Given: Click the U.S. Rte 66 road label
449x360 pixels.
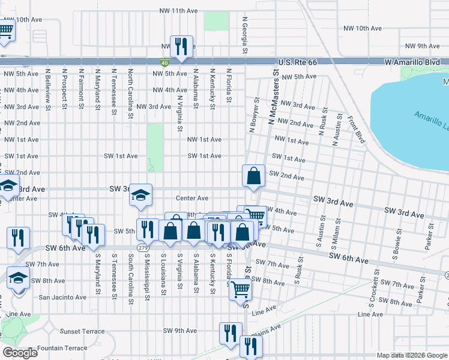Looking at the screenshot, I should click(301, 62).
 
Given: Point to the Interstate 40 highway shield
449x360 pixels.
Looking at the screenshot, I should click(164, 62).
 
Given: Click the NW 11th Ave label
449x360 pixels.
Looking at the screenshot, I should click(178, 11).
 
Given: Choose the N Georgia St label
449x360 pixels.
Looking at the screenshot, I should click(245, 35).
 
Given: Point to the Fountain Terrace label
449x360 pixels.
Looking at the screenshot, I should click(62, 348).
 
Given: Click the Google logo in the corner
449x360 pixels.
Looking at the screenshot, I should click(20, 353).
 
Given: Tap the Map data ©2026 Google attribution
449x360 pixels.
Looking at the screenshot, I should click(411, 355).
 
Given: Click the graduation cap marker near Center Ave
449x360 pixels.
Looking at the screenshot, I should click(141, 195).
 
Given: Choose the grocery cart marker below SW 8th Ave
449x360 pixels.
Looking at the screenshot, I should click(241, 289).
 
